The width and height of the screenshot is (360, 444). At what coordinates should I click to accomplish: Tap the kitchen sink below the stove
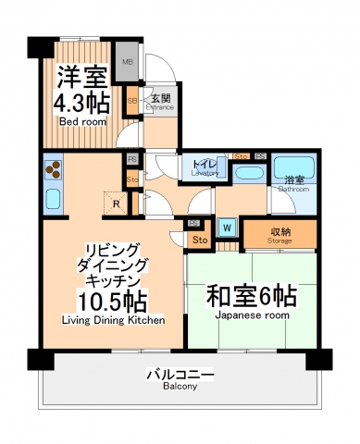click(x=52, y=199)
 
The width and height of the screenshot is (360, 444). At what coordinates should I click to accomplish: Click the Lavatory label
click(x=205, y=173)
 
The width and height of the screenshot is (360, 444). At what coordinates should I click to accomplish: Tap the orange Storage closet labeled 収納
click(x=281, y=235)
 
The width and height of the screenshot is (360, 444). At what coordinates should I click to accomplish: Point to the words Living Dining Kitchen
click(x=112, y=321)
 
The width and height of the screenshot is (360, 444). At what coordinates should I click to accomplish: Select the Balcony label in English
click(x=181, y=388)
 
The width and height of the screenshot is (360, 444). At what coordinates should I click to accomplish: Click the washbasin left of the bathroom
click(x=248, y=173)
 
